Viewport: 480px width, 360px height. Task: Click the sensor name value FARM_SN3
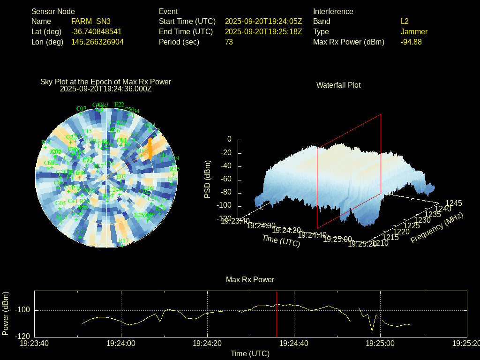(91, 21)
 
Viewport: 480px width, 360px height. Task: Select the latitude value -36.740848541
(97, 31)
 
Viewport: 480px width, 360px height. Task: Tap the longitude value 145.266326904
(97, 42)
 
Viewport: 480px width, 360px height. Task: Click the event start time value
(263, 21)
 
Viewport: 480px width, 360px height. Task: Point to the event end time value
(263, 31)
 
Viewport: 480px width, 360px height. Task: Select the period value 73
(229, 42)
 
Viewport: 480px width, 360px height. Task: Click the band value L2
(405, 21)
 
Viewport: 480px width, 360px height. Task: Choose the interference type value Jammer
(414, 31)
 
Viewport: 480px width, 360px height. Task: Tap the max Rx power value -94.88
(411, 42)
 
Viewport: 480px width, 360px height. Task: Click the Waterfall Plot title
(338, 85)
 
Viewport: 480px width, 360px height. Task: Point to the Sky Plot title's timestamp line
(106, 89)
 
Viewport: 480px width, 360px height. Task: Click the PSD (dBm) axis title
(208, 179)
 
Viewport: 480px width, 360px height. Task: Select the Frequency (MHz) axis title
(437, 228)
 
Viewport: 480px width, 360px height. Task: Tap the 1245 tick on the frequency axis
(453, 203)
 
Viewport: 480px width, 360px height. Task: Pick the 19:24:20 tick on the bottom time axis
(208, 343)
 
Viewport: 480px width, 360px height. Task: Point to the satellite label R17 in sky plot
(123, 241)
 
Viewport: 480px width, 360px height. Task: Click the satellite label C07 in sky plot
(81, 109)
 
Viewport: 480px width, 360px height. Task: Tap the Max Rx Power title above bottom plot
(250, 279)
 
